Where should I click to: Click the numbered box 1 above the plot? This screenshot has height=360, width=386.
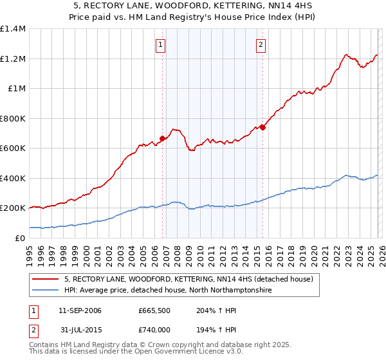pyautogui.click(x=160, y=44)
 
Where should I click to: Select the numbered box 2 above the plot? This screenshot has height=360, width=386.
pyautogui.click(x=261, y=44)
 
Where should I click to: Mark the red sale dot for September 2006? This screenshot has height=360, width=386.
pyautogui.click(x=162, y=138)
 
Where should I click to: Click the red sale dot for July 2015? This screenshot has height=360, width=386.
pyautogui.click(x=263, y=127)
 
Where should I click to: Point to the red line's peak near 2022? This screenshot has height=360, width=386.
pyautogui.click(x=346, y=55)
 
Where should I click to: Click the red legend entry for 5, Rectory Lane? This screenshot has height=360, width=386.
pyautogui.click(x=188, y=279)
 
